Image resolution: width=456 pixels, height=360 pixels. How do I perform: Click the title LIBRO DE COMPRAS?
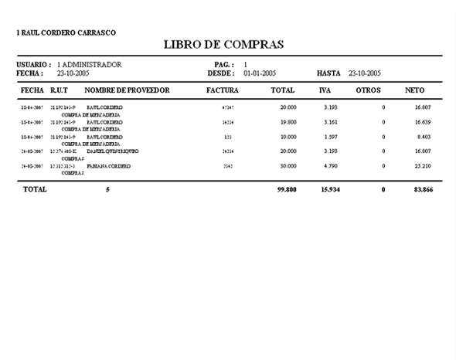(x=224, y=45)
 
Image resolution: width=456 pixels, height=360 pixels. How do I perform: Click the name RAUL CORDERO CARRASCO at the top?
(x=68, y=32)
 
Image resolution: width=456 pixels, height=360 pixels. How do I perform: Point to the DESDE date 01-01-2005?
(x=260, y=73)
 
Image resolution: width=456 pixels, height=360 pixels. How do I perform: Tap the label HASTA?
(x=329, y=73)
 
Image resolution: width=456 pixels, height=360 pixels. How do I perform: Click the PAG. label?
(x=221, y=64)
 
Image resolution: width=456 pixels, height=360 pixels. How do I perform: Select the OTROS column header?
(x=368, y=91)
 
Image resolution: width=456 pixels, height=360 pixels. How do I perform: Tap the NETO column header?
(x=414, y=91)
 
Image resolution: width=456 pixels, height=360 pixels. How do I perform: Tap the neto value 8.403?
(x=422, y=137)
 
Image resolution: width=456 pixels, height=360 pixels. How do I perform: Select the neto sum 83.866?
(x=420, y=189)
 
